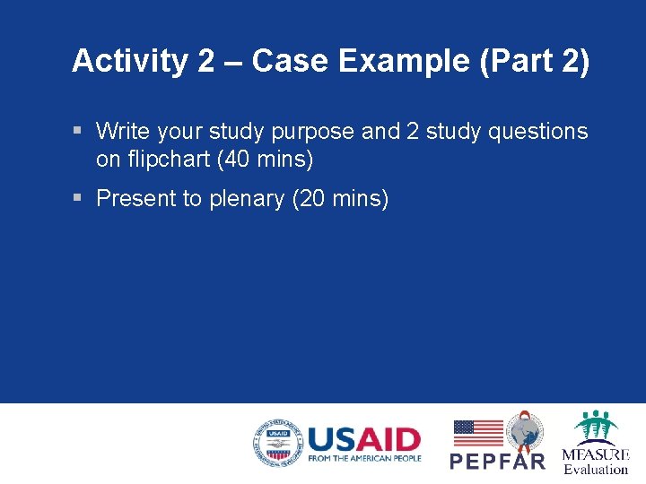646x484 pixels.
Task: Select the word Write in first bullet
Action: (x=123, y=132)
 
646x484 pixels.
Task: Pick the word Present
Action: (x=135, y=198)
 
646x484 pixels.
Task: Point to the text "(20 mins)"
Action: (x=341, y=198)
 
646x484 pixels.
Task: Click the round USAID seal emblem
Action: (x=277, y=443)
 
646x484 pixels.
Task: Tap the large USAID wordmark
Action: (x=363, y=439)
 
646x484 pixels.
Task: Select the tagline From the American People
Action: (x=363, y=459)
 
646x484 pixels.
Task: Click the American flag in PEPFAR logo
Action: (x=477, y=433)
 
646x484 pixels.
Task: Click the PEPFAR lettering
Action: (x=497, y=461)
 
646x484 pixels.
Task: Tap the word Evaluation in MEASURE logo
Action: (x=596, y=469)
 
